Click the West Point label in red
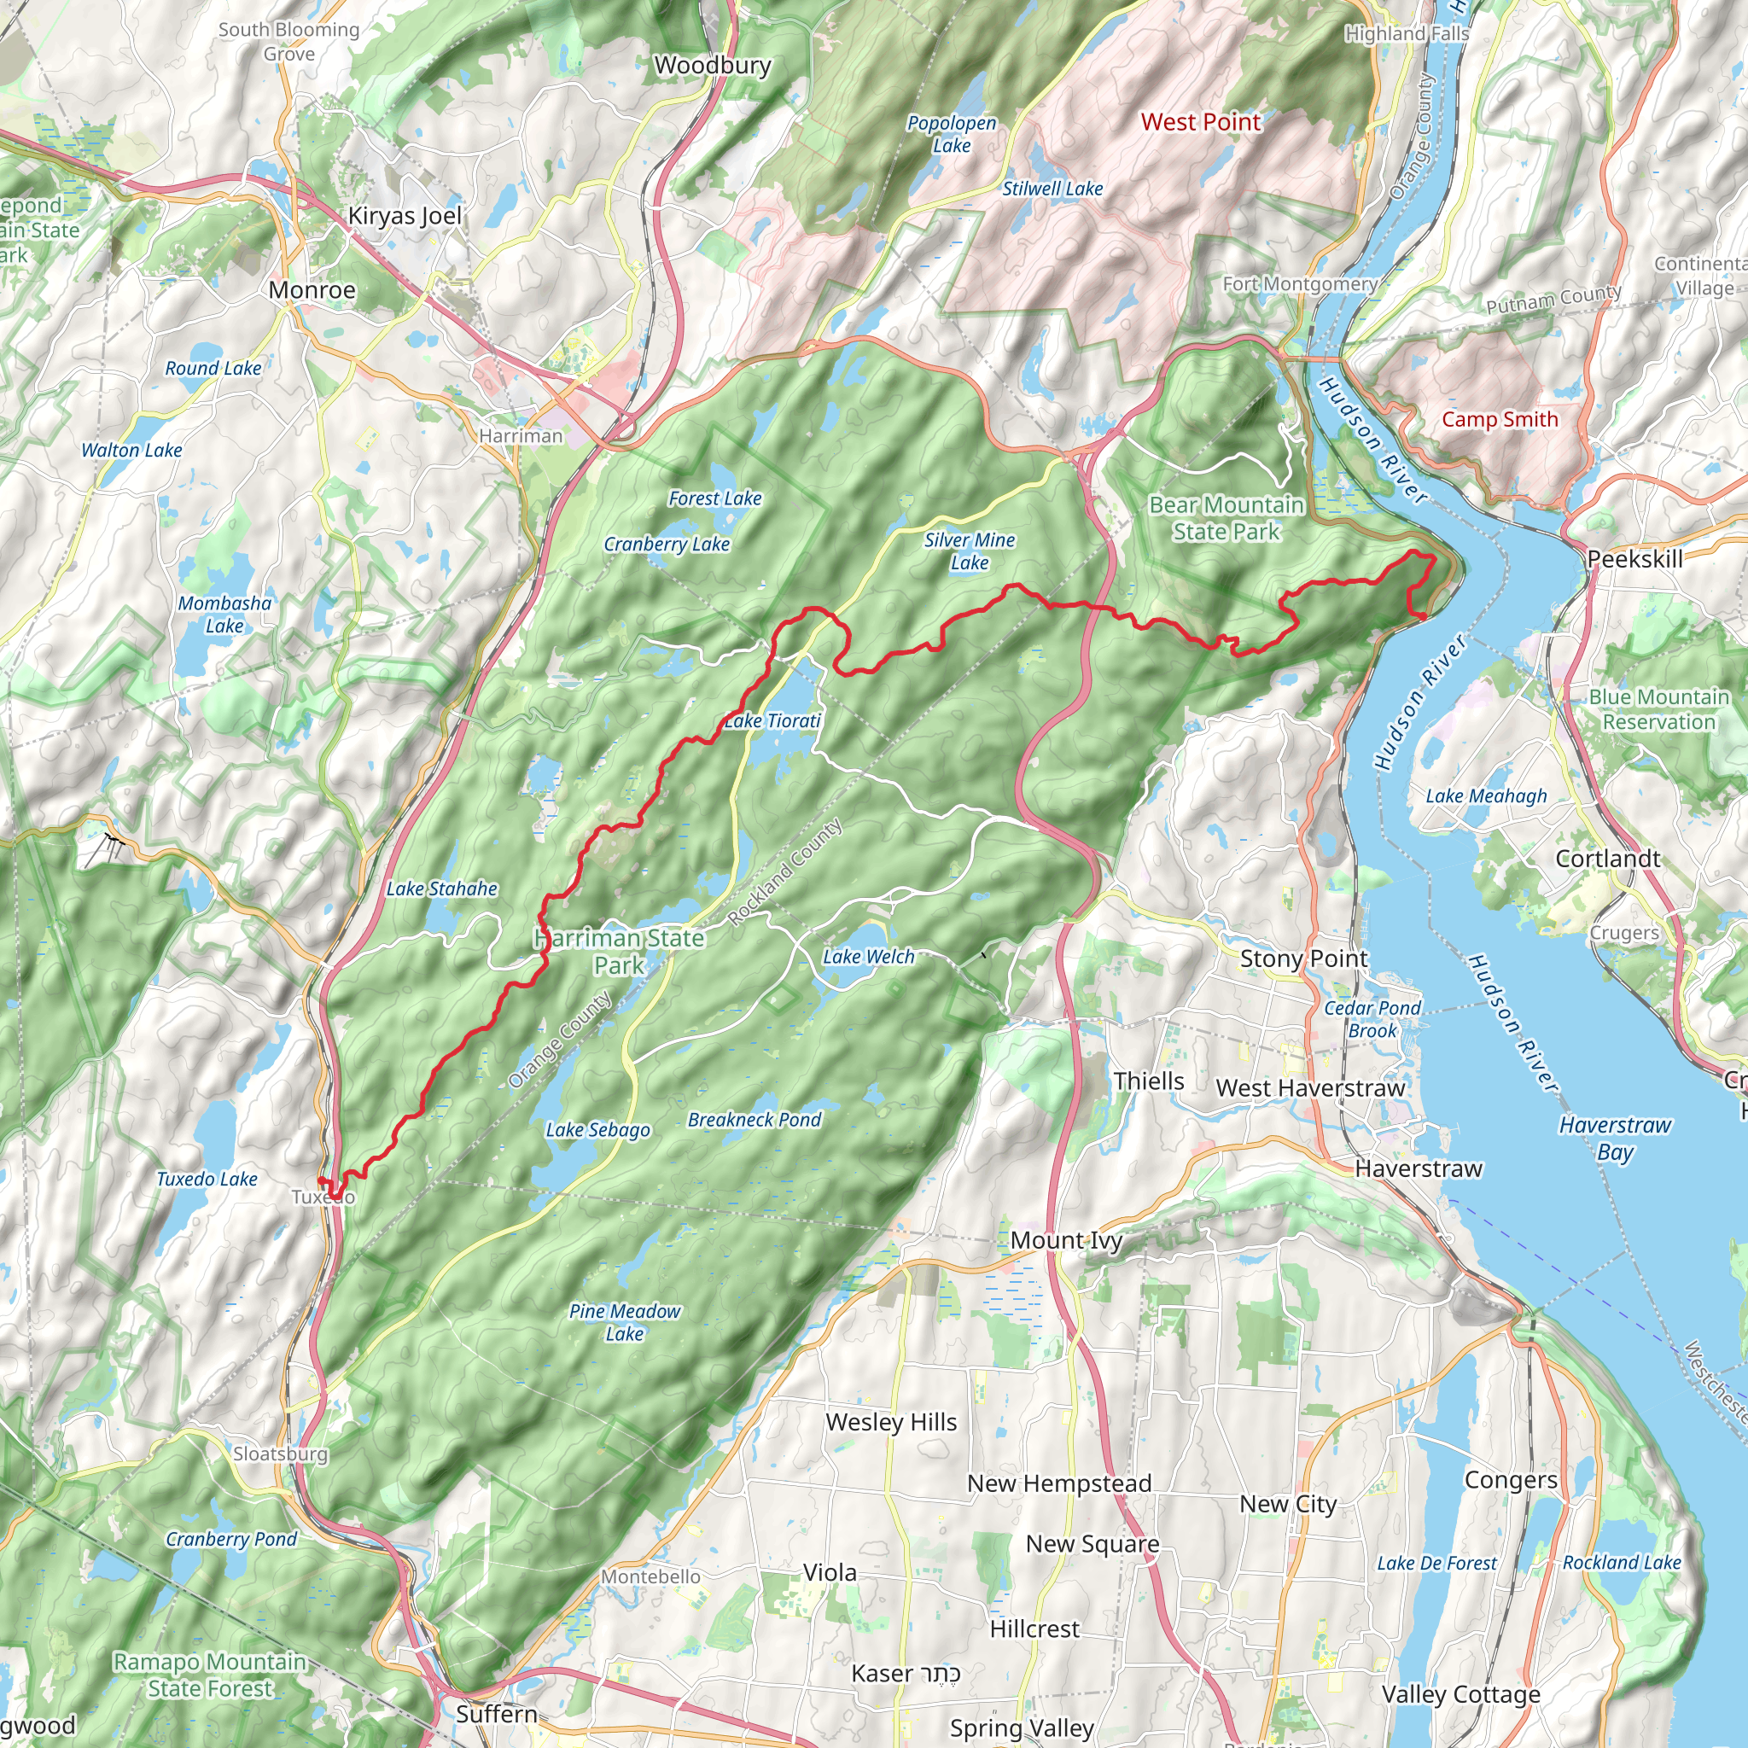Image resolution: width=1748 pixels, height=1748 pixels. click(1200, 122)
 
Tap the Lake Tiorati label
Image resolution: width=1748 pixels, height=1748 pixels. click(772, 721)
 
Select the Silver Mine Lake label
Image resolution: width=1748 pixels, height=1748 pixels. click(969, 551)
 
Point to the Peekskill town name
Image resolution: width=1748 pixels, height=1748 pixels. click(1634, 559)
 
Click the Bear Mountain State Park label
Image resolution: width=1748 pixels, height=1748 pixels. click(1226, 518)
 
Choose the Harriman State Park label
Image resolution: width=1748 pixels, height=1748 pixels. click(619, 952)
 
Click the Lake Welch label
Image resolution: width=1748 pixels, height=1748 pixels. click(868, 956)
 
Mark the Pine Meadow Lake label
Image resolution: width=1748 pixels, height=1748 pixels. click(624, 1322)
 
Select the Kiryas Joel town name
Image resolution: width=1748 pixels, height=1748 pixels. click(405, 216)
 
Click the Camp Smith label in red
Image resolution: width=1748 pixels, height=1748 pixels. click(1499, 420)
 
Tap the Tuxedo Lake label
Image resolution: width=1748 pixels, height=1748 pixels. click(207, 1179)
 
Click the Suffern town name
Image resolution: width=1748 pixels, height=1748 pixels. click(496, 1714)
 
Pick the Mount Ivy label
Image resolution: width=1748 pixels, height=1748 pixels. click(1066, 1240)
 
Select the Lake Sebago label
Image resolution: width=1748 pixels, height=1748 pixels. click(597, 1130)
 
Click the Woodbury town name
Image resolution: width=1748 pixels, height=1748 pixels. click(712, 65)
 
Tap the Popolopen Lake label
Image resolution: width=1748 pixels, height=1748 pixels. click(951, 134)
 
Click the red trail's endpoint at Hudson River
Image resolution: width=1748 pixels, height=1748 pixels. click(1422, 616)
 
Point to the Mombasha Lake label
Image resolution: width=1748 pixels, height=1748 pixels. click(224, 615)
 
